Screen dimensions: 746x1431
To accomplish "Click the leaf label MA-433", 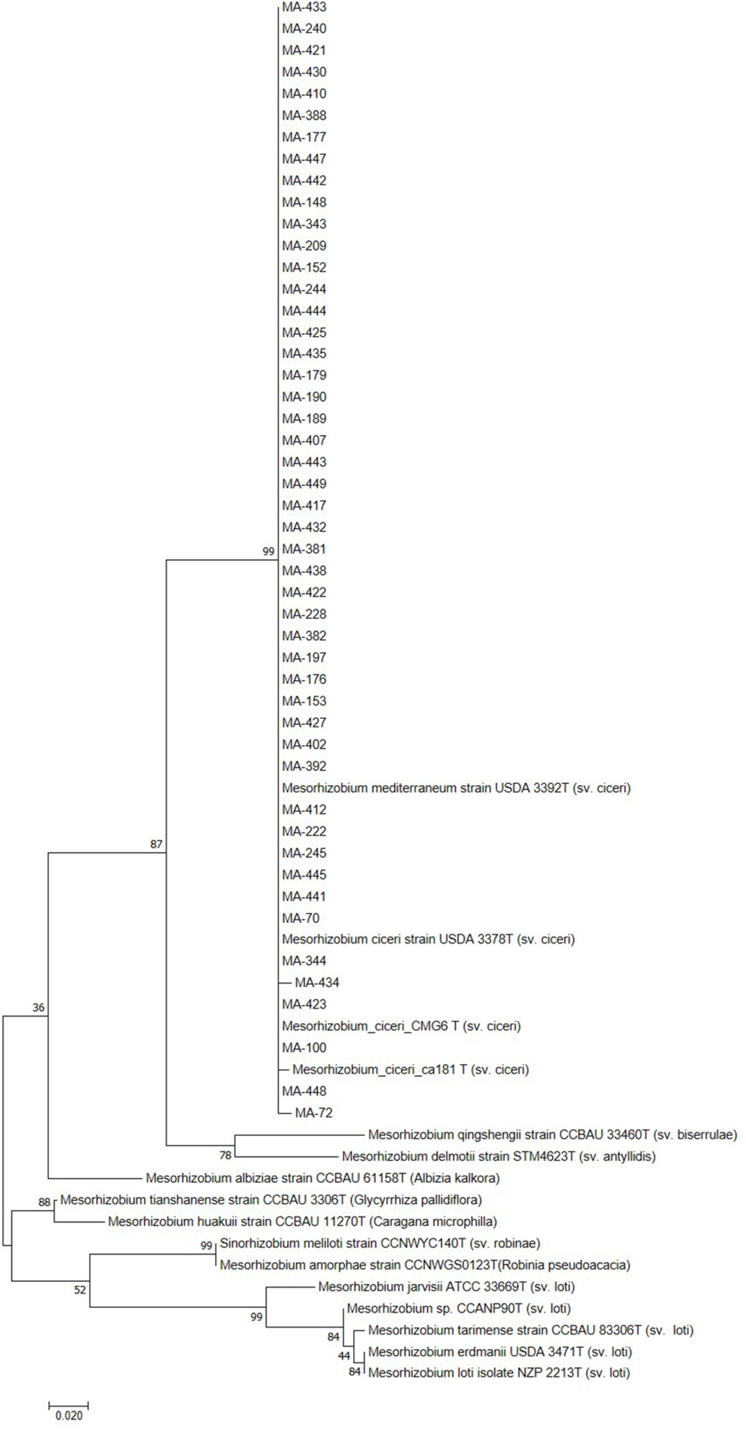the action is point(304,7).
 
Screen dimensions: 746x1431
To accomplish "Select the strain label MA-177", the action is point(304,137).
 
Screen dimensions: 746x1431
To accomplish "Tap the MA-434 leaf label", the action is point(317,983).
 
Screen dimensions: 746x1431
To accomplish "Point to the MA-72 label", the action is point(314,1113).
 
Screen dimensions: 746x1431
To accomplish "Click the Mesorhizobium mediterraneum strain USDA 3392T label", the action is point(456,788).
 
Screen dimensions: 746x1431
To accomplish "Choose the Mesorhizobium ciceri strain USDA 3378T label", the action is point(428,939).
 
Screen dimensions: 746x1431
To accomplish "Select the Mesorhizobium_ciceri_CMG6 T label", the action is point(401,1026).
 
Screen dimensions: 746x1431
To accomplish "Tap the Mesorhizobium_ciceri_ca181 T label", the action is point(410,1069).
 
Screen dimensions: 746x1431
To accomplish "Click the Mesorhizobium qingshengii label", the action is point(552,1134).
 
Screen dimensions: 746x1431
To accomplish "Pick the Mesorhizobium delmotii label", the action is point(498,1156).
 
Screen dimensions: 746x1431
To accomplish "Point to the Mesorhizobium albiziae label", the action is point(323,1178).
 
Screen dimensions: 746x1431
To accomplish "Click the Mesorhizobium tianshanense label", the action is point(271,1200).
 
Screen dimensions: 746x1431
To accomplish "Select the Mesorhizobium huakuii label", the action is point(302,1222).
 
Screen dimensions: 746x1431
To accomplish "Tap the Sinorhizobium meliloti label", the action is point(380,1243).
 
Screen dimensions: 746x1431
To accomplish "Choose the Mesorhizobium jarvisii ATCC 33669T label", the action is point(446,1287).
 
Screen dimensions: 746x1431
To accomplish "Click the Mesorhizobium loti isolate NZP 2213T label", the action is point(499,1373).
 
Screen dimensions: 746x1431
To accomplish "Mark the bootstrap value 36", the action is point(38,1007).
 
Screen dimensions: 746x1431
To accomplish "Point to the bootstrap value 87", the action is point(156,844).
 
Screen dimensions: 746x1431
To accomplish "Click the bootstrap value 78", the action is point(225,1156).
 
